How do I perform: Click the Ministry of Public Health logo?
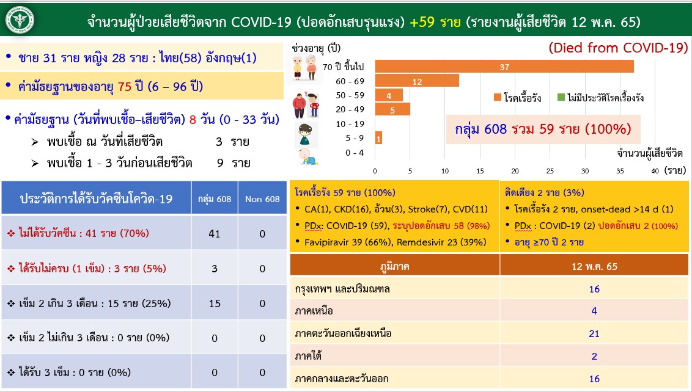[20, 20]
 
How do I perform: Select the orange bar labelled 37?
[504, 66]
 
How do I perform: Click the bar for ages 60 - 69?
[417, 81]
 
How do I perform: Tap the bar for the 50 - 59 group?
[389, 95]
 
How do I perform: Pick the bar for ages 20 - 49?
[392, 109]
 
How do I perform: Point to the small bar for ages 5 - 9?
[378, 138]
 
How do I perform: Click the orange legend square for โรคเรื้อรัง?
[498, 97]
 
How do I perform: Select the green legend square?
[561, 97]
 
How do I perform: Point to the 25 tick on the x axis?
[550, 171]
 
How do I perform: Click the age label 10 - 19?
[350, 124]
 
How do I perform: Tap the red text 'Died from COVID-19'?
[618, 48]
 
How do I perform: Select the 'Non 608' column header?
[262, 199]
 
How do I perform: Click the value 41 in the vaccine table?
[215, 234]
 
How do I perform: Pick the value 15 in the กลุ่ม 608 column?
[215, 303]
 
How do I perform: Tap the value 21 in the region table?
[594, 334]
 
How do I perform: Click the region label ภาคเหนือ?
[314, 311]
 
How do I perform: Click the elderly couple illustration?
[304, 67]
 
